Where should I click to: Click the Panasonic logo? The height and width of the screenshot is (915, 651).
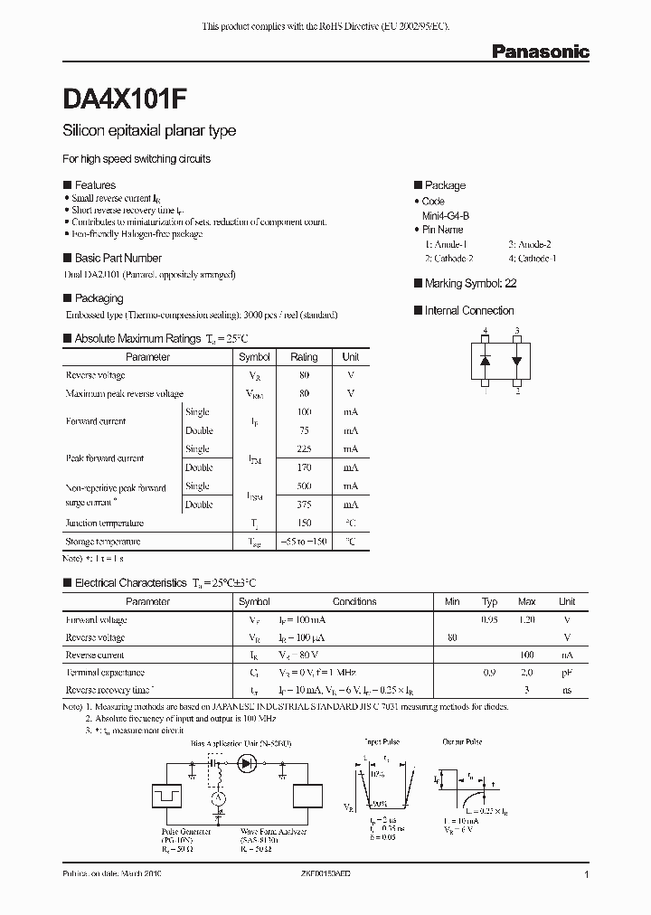(x=540, y=52)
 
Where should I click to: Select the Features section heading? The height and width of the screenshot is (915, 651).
(x=94, y=184)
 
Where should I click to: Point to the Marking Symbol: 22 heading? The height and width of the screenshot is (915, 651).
(x=470, y=283)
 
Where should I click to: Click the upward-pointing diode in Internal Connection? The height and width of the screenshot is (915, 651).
(x=486, y=360)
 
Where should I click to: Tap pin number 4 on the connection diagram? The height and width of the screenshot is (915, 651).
(x=486, y=333)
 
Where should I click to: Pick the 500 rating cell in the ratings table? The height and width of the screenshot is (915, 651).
(x=304, y=486)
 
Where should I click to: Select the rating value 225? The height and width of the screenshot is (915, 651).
(x=304, y=449)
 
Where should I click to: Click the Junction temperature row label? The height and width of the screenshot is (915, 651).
(x=104, y=524)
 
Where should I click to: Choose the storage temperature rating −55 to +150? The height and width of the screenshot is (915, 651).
(x=304, y=542)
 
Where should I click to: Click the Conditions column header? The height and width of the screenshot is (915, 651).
(x=354, y=601)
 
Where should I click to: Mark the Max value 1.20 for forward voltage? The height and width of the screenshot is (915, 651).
(x=526, y=620)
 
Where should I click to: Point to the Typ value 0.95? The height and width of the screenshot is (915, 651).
(x=489, y=620)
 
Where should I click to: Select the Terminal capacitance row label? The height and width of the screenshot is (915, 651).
(x=105, y=673)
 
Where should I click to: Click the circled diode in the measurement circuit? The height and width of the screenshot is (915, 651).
(x=247, y=764)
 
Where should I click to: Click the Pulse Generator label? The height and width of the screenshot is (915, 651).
(x=186, y=831)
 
